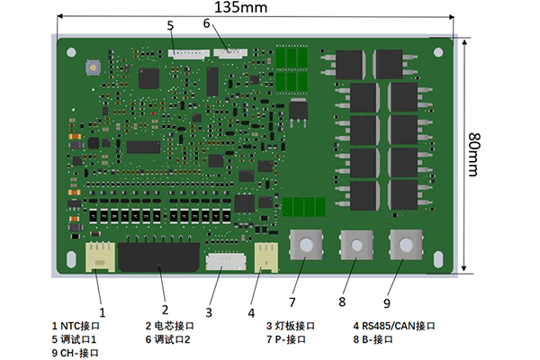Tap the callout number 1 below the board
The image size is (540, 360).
(102, 312)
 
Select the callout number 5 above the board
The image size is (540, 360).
(170, 25)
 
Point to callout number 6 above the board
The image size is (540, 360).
(206, 23)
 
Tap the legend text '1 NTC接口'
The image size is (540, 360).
(76, 325)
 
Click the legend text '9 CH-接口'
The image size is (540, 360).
(75, 353)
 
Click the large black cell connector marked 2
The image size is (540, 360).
(160, 257)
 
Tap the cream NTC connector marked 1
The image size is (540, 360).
(100, 256)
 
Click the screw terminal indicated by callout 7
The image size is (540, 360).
(306, 246)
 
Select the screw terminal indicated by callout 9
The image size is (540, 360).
(405, 245)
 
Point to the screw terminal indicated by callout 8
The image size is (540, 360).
(355, 246)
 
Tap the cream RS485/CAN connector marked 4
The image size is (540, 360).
(267, 256)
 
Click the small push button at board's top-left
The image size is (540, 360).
(91, 67)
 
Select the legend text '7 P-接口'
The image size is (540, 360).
(285, 339)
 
